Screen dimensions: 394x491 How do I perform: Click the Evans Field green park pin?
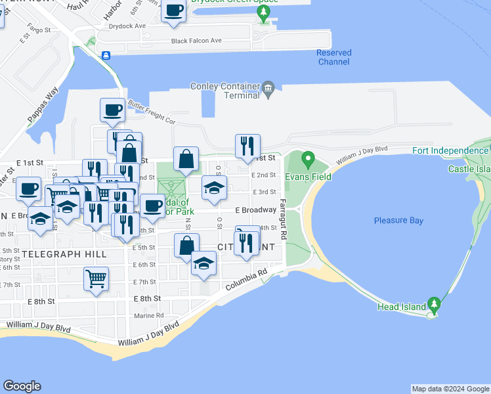(309, 160)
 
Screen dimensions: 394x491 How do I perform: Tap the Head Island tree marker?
(433, 305)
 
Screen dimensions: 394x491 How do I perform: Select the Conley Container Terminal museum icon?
(268, 88)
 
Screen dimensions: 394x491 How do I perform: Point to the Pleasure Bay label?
(398, 221)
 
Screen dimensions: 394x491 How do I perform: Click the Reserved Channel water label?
(333, 57)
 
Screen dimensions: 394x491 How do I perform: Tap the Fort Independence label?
(450, 150)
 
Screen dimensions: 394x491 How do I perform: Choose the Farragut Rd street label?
(283, 219)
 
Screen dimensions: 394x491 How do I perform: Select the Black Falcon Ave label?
(196, 41)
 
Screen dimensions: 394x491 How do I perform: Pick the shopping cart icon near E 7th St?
(96, 279)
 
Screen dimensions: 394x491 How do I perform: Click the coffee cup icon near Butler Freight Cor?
(112, 109)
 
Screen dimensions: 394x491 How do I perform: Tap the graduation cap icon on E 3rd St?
(214, 187)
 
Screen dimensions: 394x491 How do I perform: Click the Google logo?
(22, 386)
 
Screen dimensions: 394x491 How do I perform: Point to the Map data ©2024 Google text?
(450, 389)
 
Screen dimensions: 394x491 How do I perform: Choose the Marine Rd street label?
(148, 316)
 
